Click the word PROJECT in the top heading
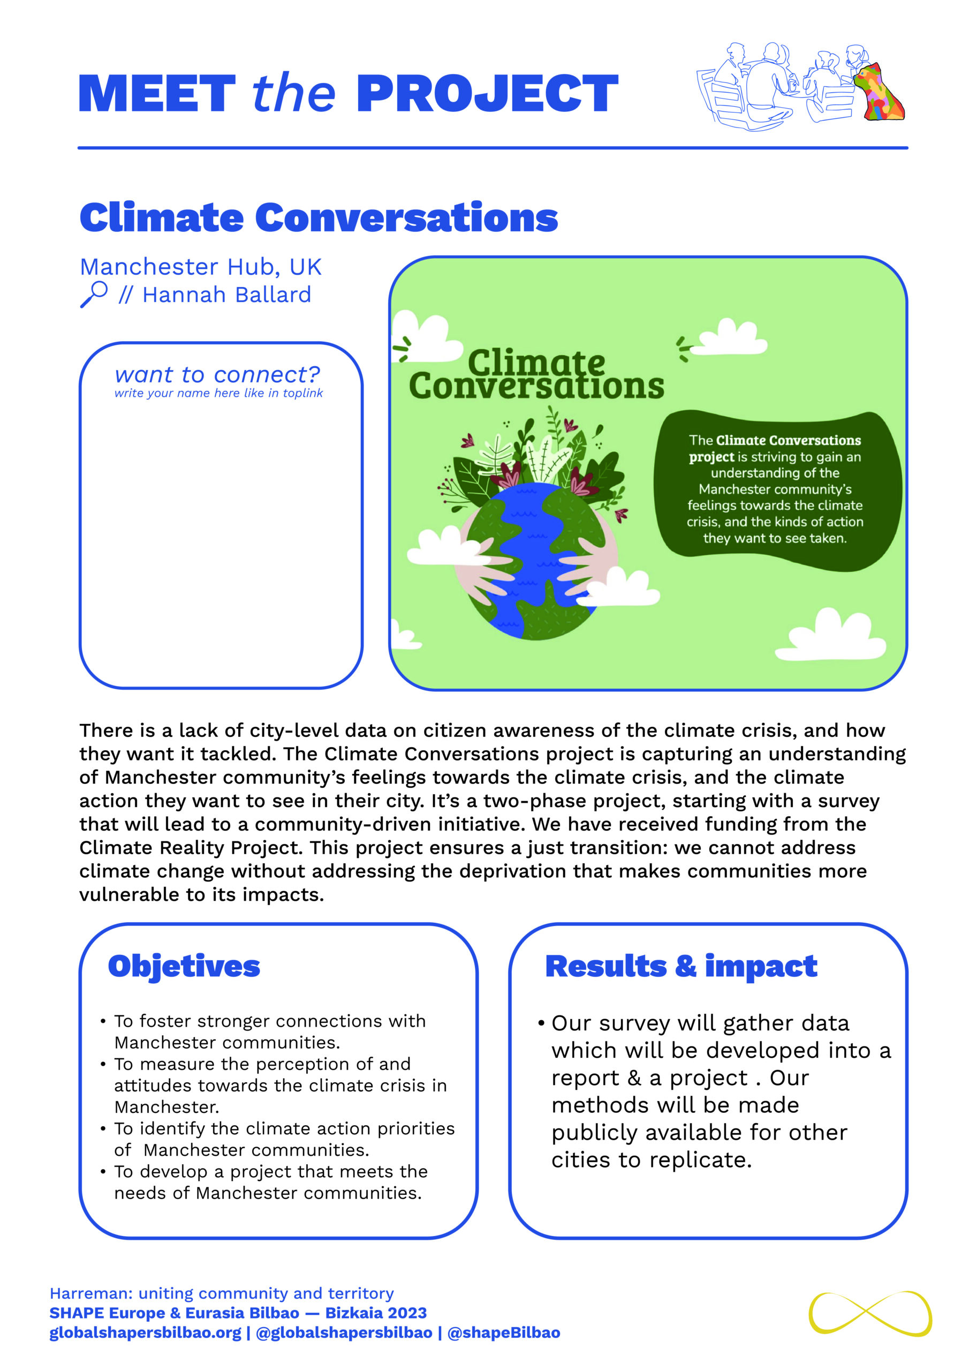point(487,94)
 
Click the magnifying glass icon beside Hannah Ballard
point(94,294)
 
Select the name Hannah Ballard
point(226,295)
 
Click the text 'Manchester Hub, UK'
point(201,267)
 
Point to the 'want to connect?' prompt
point(217,375)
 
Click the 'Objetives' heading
point(184,966)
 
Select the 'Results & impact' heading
point(680,966)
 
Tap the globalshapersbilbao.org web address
point(145,1333)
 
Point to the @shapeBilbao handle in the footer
point(503,1333)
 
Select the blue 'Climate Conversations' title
point(318,217)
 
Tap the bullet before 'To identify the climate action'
point(103,1128)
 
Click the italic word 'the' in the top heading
point(293,94)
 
